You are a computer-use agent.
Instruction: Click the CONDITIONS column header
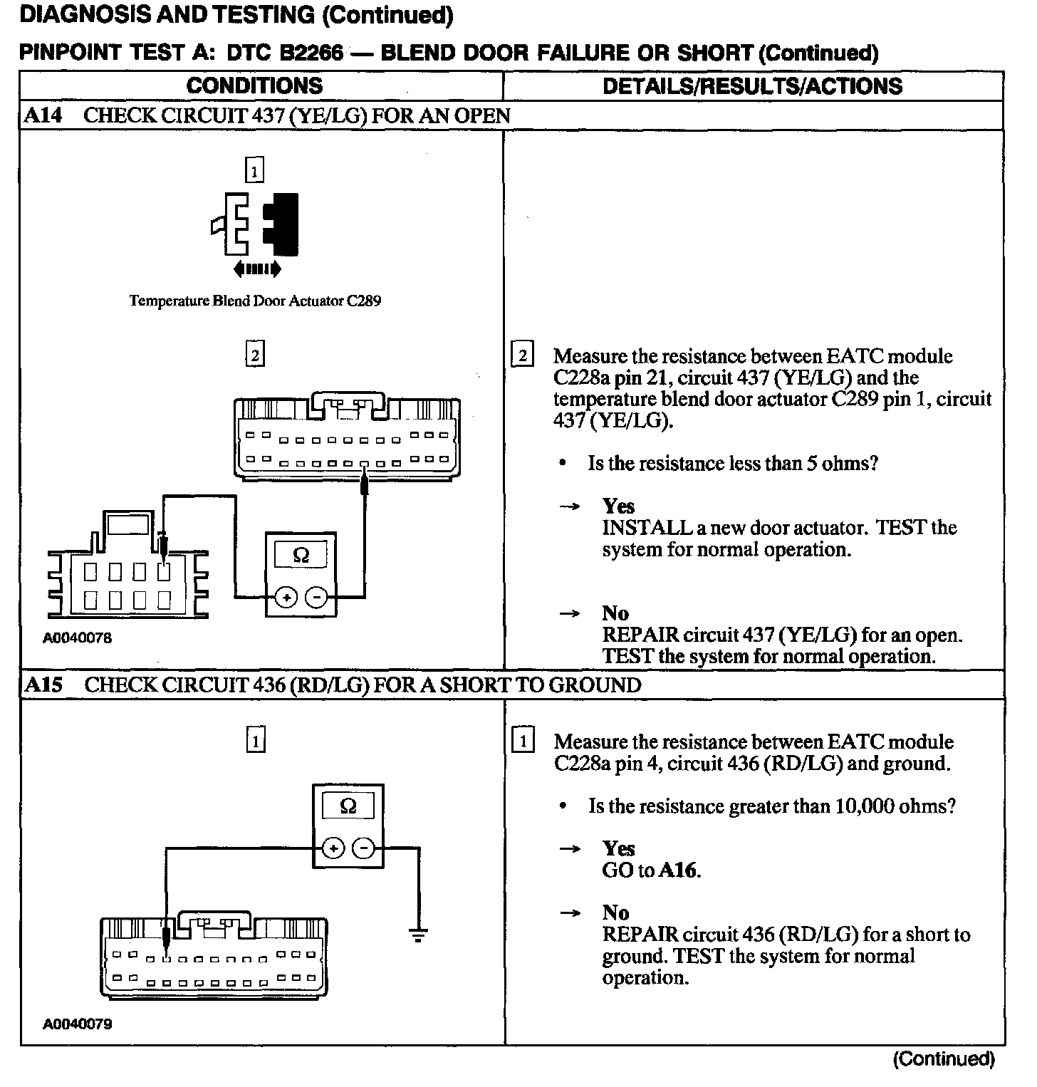click(254, 86)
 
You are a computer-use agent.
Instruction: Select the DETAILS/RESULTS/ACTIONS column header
click(752, 86)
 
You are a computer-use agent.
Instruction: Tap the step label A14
click(43, 115)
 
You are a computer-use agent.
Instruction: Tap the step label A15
click(43, 685)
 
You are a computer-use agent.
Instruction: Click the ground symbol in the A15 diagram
click(418, 935)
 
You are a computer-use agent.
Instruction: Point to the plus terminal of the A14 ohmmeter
click(286, 598)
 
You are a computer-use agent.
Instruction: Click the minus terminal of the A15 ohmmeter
click(364, 848)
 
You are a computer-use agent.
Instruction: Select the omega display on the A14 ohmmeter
click(301, 555)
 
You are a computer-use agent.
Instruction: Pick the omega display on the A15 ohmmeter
click(348, 806)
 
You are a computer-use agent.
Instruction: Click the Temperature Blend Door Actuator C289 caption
click(255, 301)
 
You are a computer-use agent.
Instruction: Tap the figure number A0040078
click(77, 638)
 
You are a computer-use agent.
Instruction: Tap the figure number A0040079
click(77, 1024)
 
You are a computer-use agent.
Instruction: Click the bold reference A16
click(679, 870)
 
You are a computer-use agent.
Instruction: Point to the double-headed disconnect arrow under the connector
click(256, 269)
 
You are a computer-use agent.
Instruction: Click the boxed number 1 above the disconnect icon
click(254, 170)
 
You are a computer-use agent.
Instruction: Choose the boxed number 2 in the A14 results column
click(522, 355)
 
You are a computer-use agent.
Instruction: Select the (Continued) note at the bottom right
click(943, 1059)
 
